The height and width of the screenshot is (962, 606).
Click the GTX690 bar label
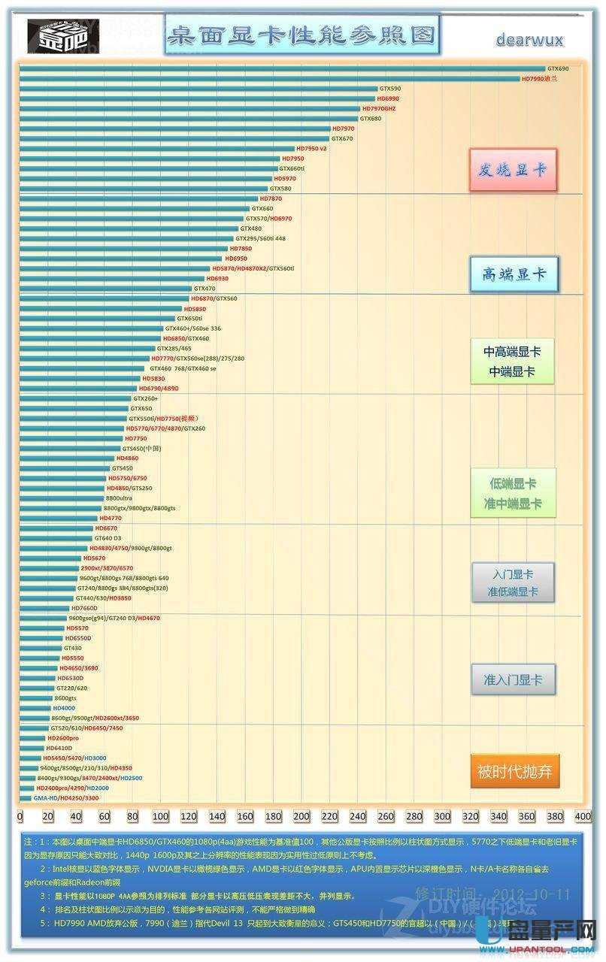tap(558, 68)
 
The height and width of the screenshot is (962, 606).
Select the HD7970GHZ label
tap(379, 108)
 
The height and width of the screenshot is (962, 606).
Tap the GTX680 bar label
tap(371, 118)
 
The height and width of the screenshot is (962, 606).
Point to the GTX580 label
tap(280, 188)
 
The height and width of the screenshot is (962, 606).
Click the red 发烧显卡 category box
tap(514, 169)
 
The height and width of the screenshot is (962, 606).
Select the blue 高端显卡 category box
tap(514, 274)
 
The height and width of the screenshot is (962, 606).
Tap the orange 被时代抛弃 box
tap(515, 770)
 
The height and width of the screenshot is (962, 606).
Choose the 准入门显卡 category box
tap(514, 679)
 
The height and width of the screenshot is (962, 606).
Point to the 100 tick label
tap(160, 816)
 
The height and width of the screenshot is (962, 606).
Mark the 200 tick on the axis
tap(301, 816)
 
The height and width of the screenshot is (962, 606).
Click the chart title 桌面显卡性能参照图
tap(302, 35)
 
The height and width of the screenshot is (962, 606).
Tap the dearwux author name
tap(529, 40)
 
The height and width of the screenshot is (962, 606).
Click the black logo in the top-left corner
tap(53, 35)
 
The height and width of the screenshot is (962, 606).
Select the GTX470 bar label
tap(205, 288)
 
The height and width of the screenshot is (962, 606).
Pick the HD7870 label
tap(271, 198)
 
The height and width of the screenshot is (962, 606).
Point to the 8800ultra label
tap(119, 498)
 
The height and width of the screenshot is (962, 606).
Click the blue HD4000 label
tap(64, 708)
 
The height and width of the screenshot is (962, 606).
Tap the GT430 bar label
tap(73, 648)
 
